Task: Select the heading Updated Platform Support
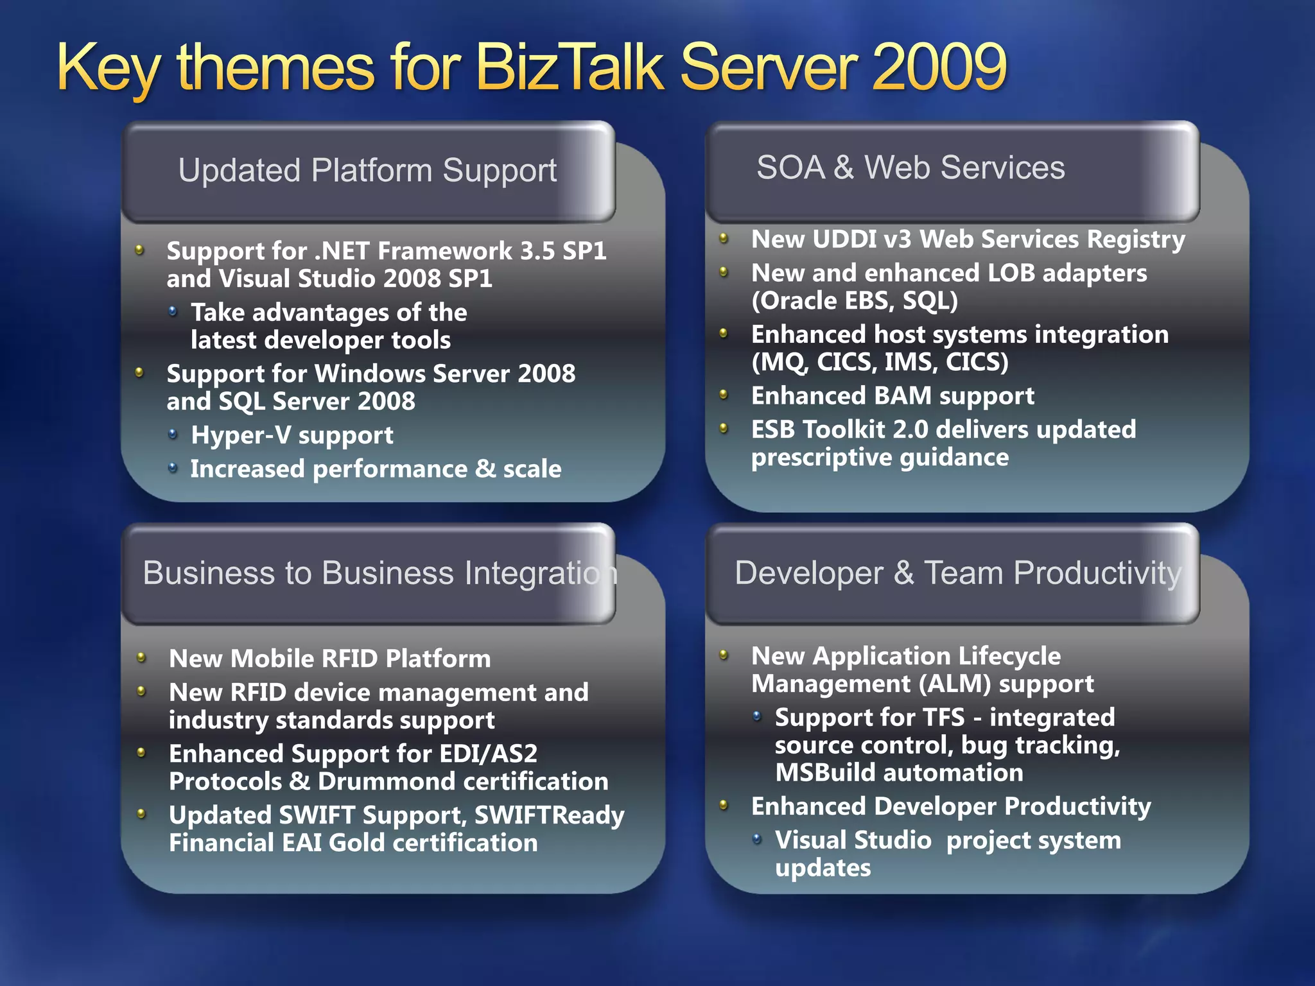click(x=367, y=171)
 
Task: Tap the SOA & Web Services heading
click(x=910, y=168)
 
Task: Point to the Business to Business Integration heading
click(x=379, y=573)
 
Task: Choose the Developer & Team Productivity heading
click(x=957, y=573)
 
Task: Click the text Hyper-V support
click(x=292, y=435)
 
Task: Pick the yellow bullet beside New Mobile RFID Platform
click(x=141, y=657)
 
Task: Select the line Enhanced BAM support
click(x=893, y=396)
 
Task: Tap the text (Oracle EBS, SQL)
click(x=855, y=300)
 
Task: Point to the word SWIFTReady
click(x=549, y=815)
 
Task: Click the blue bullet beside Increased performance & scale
click(x=172, y=468)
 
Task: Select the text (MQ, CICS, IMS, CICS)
click(x=880, y=362)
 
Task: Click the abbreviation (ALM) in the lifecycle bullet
click(x=955, y=684)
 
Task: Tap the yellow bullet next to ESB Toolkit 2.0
click(x=724, y=428)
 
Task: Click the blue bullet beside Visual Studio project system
click(x=757, y=839)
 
